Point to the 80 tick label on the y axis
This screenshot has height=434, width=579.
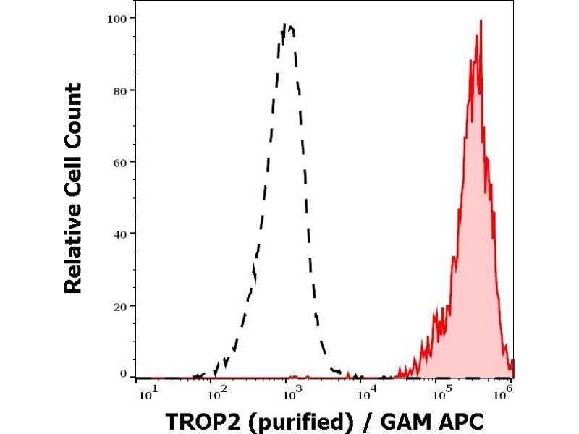121,90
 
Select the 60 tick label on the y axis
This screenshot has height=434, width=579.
121,162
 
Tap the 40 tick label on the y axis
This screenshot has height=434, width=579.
121,234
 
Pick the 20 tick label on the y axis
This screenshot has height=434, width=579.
121,305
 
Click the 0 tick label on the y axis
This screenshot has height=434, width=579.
124,373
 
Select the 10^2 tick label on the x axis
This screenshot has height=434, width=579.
218,393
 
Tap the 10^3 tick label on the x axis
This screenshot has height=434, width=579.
292,393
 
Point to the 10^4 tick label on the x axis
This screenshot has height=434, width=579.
367,393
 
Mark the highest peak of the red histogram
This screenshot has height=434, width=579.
480,21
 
